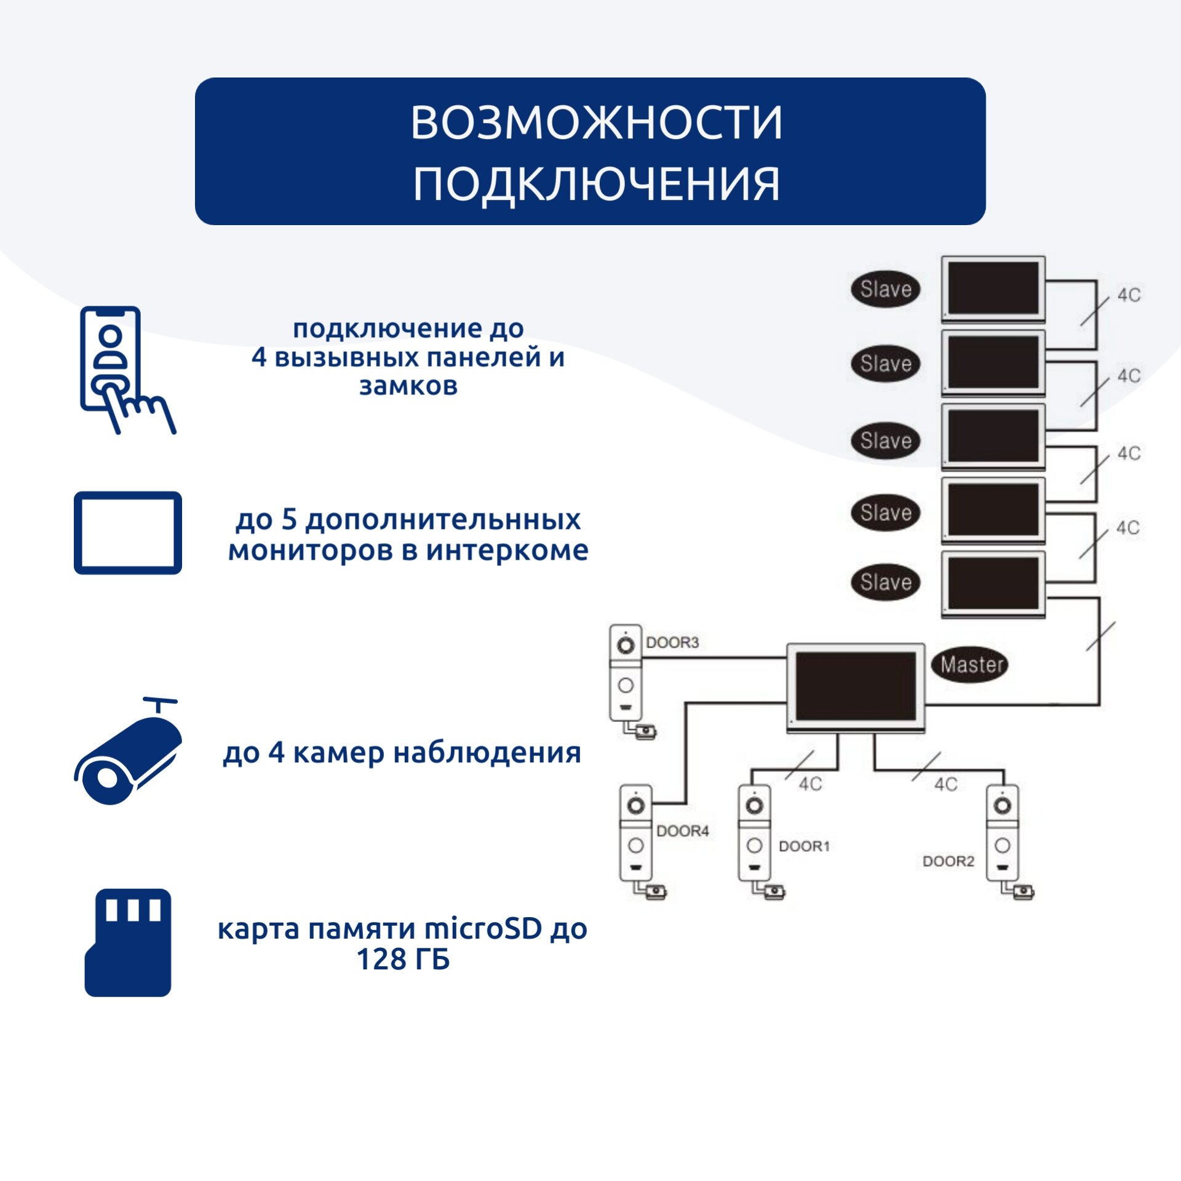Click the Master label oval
coord(971,664)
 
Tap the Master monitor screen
coord(855,685)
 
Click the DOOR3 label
coord(672,643)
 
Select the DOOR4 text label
coord(683,831)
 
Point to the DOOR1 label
coord(804,846)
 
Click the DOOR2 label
coord(948,861)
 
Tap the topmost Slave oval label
coord(886,289)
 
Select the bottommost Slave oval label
coord(886,582)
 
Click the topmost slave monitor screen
coord(993,287)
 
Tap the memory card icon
coord(128,942)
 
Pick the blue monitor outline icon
coord(128,533)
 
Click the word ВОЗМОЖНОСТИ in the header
coord(596,122)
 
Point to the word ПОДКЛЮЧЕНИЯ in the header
coord(596,184)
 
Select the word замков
coord(408,386)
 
